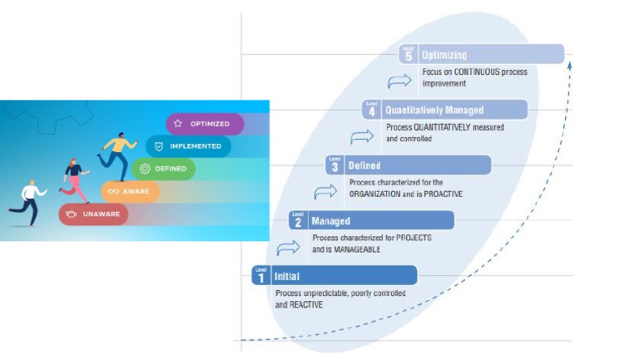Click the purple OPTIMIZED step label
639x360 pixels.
coord(205,124)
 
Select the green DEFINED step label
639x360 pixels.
coord(164,169)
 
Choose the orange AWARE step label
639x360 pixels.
coord(130,191)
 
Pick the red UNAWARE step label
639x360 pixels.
coord(93,215)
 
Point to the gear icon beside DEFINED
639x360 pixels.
coord(145,169)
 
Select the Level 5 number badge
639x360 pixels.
coord(408,54)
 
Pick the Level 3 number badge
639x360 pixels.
coord(334,165)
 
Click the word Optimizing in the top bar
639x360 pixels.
coord(445,54)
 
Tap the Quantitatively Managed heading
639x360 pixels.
coord(434,110)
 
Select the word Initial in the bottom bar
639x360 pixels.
coord(287,276)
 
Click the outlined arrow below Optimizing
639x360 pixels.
coord(399,81)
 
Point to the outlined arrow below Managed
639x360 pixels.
coord(288,247)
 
